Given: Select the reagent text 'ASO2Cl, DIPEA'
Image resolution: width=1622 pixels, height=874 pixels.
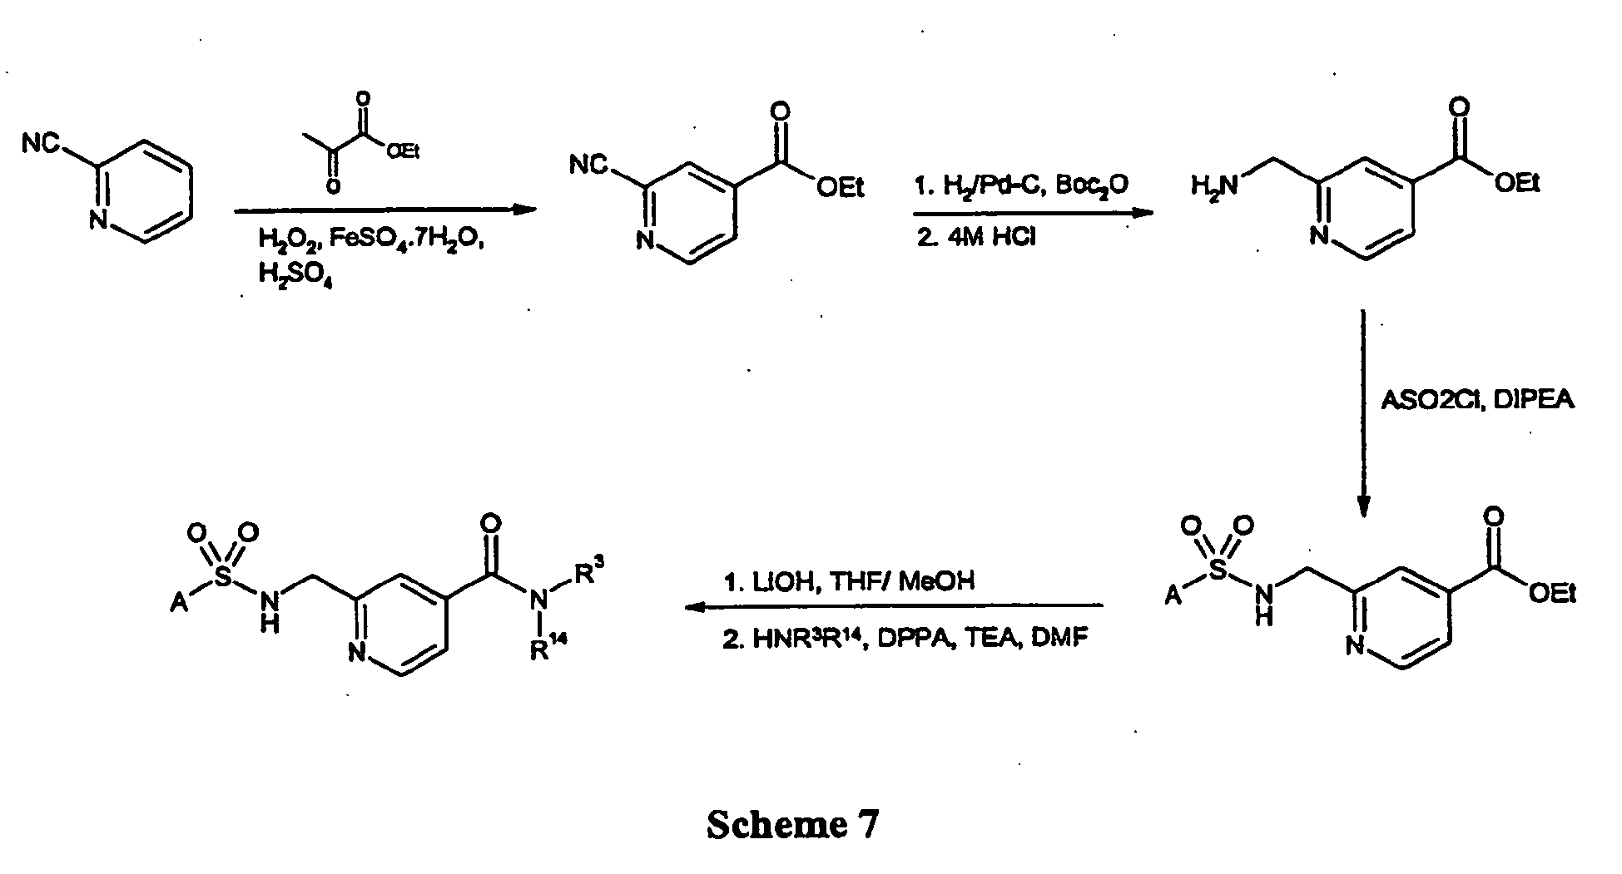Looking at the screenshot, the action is tap(1478, 401).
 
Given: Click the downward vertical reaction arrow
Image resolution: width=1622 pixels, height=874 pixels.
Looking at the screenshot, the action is tap(1363, 413).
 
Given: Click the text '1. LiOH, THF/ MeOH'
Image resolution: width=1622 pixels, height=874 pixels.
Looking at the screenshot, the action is tap(849, 581).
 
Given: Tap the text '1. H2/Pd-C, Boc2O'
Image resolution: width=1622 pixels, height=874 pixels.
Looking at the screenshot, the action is tap(1021, 185).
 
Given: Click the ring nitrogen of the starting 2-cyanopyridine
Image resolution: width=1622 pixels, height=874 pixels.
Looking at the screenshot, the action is tap(98, 220).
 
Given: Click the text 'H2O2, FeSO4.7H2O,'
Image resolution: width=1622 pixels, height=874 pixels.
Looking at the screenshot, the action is tap(370, 241).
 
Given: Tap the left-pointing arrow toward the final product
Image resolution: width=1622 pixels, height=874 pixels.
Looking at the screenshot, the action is tap(894, 607).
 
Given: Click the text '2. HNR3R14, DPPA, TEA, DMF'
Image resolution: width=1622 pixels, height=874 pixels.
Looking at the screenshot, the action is tap(905, 639).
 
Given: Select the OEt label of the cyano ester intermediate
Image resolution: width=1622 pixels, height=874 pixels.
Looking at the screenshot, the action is tap(841, 188).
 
